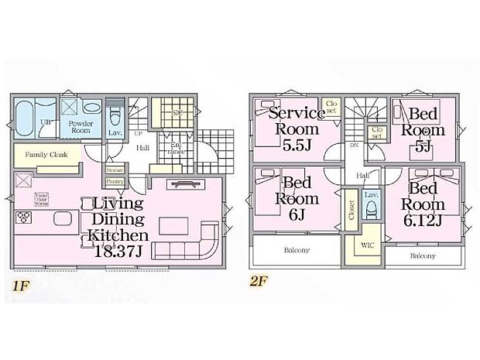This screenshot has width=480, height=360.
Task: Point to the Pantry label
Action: pos(114,181)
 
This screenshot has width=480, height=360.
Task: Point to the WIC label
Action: pos(368,245)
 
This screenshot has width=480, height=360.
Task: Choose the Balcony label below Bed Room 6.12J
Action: pos(422,255)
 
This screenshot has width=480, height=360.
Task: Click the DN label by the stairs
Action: pos(352,145)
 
